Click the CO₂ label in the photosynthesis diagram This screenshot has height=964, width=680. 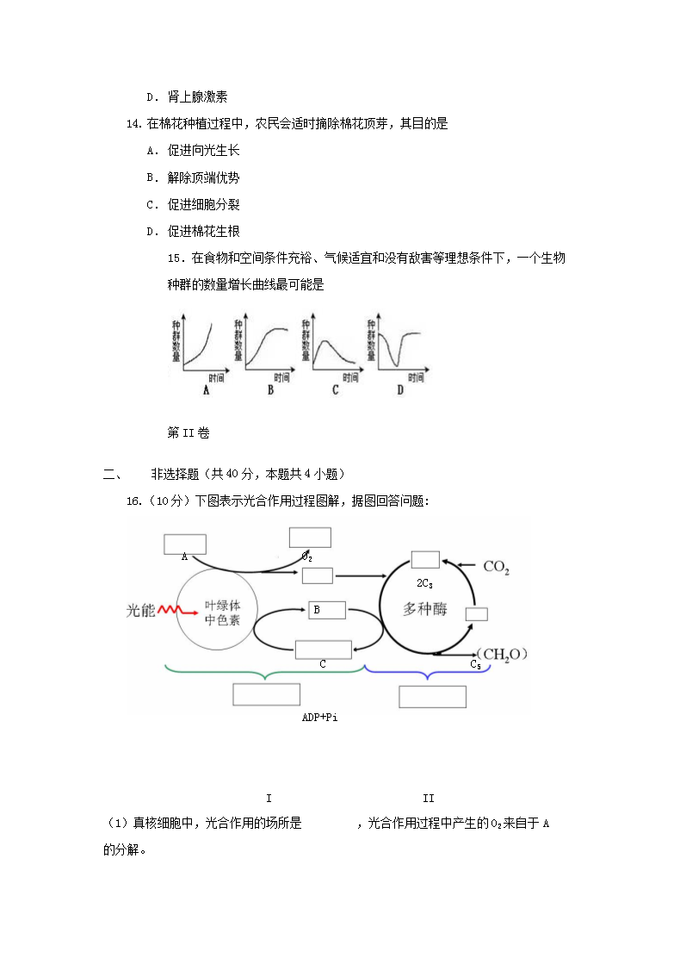point(497,567)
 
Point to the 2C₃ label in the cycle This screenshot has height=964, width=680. point(424,583)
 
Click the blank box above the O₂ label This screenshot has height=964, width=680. point(310,538)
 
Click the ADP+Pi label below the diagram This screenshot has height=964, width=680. point(319,717)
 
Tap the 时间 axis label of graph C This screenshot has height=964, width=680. point(349,377)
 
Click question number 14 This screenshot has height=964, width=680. point(133,124)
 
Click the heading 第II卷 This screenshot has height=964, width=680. point(189,433)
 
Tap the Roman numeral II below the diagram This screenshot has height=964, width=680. point(429,799)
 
